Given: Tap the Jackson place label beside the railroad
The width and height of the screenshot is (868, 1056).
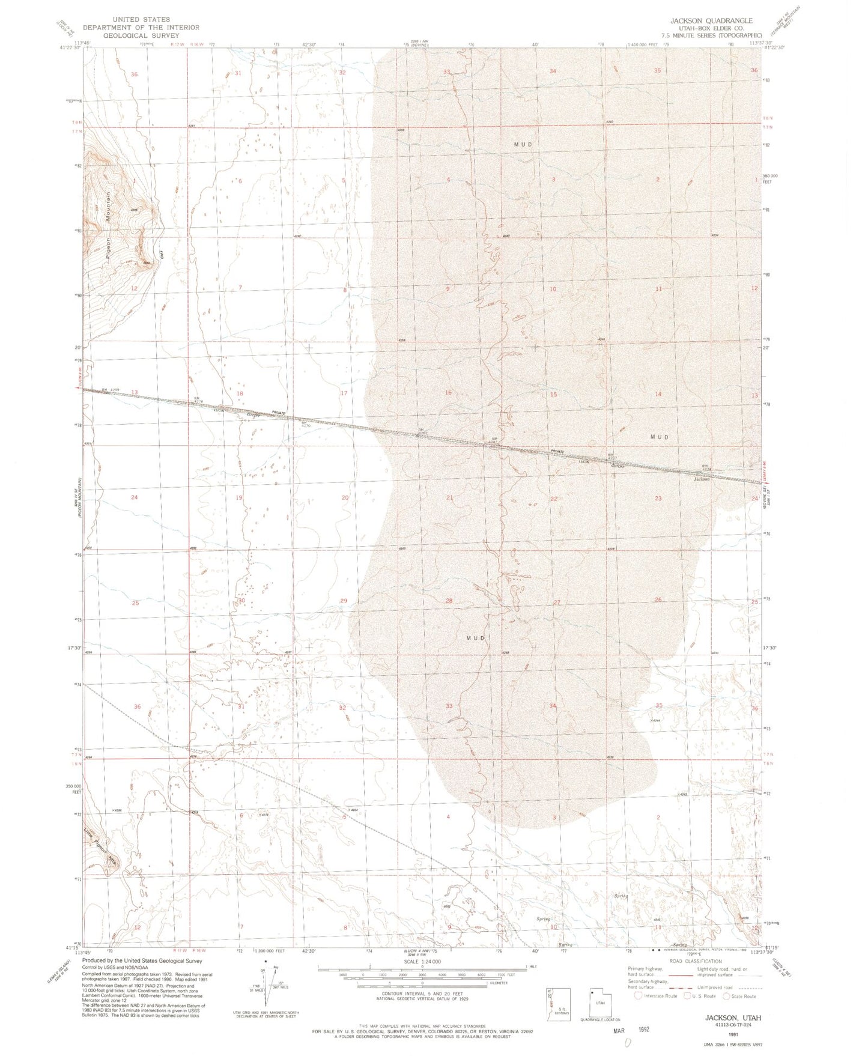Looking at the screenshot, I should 702,479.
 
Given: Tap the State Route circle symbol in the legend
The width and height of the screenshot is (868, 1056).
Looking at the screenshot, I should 726,996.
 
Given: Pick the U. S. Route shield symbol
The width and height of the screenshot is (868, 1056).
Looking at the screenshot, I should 688,996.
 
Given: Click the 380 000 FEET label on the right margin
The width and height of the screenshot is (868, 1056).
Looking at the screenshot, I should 771,180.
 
